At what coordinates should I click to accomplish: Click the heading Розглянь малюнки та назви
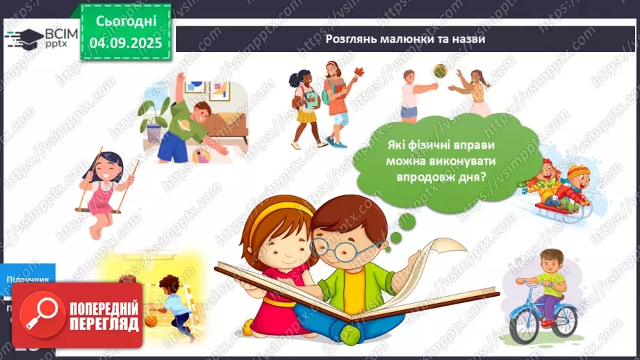[405, 39]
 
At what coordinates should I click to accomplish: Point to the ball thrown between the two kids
[440, 69]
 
